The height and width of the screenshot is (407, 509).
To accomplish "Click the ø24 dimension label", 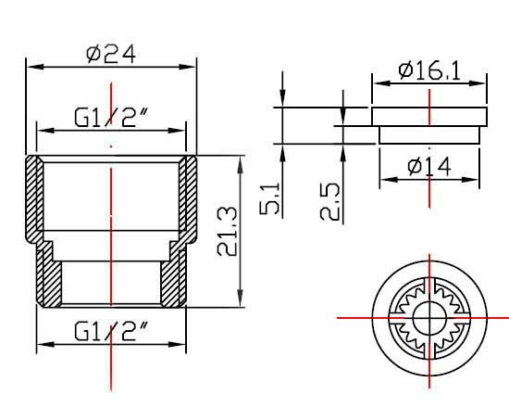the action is tap(111, 54).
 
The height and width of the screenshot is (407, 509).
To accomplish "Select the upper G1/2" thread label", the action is tap(111, 117).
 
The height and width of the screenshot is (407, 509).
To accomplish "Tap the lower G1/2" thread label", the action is tap(111, 331).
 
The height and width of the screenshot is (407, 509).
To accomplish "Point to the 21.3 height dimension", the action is tap(227, 231).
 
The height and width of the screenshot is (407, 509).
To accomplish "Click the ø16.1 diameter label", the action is tap(429, 70).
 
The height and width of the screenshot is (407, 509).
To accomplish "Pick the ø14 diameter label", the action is tap(429, 167).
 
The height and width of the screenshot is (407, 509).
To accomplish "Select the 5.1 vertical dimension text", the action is tap(269, 198).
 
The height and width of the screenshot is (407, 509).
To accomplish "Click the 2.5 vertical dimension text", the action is tap(329, 202).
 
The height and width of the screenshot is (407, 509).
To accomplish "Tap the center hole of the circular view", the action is tap(429, 318).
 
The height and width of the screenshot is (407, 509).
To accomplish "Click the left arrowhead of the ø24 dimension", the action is tap(35, 67).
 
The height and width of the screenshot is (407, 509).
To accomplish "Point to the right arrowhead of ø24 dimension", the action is tap(187, 67).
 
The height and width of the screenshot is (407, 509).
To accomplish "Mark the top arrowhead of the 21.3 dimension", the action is tap(240, 164).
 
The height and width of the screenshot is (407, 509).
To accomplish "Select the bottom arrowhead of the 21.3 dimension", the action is tap(240, 299).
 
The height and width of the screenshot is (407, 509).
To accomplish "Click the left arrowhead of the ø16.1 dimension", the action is tap(381, 83).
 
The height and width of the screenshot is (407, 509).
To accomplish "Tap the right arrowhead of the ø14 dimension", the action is tap(470, 179).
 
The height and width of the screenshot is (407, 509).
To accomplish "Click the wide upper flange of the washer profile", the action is tap(429, 117).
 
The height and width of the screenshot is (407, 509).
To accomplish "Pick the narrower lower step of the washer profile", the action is tap(429, 134).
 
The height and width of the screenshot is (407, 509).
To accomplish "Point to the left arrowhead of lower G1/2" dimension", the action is tap(45, 344).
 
